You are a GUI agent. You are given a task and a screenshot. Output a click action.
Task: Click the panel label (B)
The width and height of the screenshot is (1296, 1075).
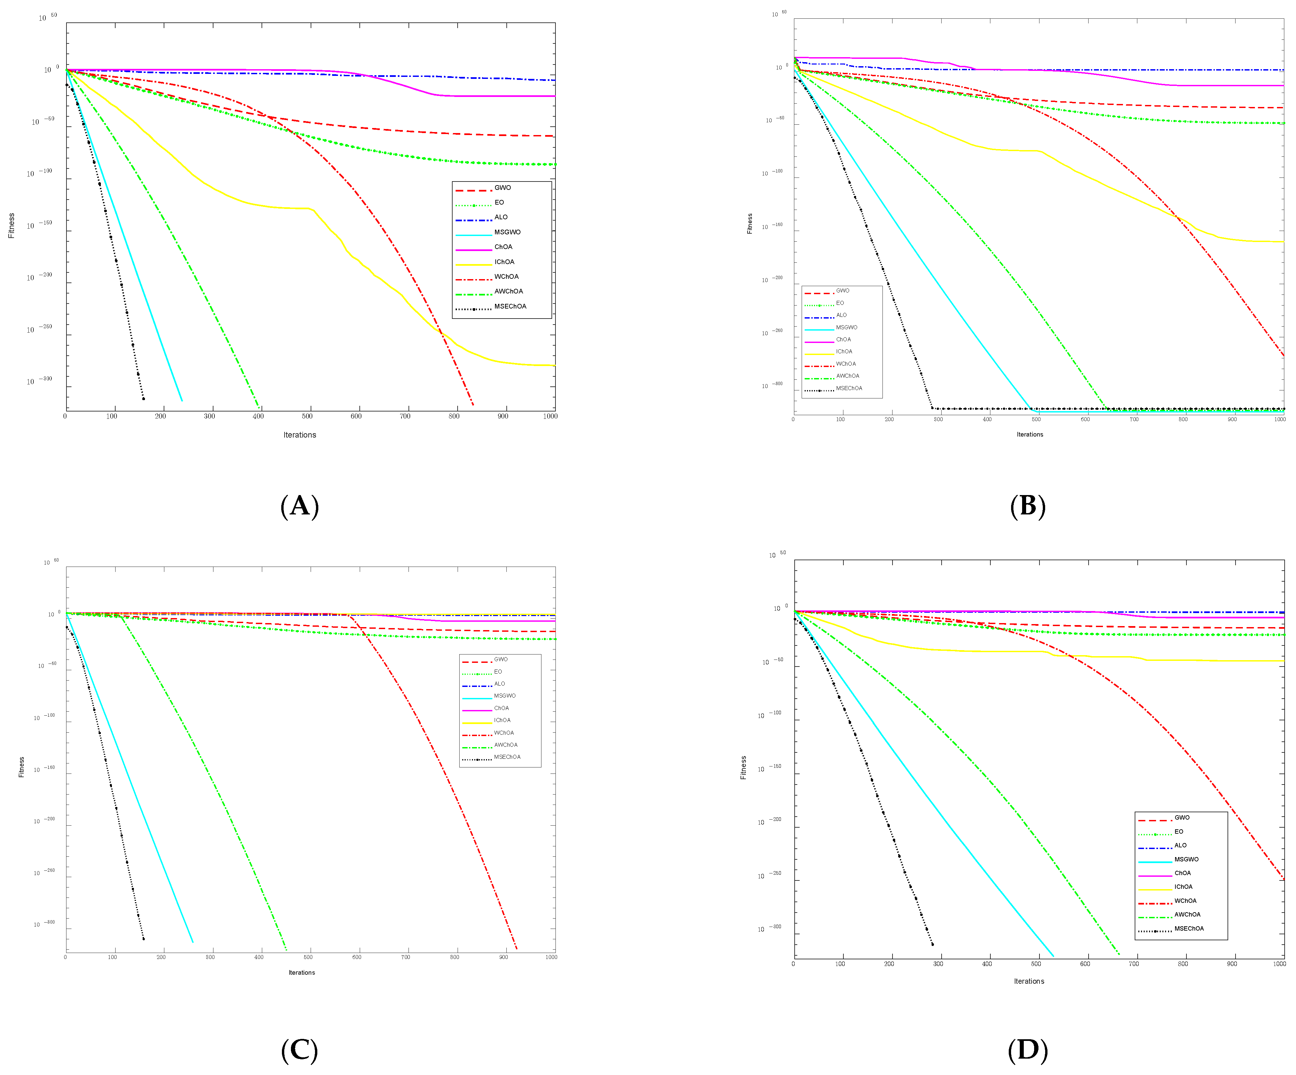[x=1027, y=506]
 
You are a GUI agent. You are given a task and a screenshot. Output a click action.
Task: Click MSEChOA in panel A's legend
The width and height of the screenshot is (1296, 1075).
[x=510, y=306]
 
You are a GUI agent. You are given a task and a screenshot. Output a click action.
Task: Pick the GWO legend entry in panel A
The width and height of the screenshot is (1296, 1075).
[x=502, y=188]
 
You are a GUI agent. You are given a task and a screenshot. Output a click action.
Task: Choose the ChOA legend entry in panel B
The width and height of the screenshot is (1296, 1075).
[x=843, y=340]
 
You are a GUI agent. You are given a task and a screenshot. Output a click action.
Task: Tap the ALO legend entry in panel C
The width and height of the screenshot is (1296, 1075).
[x=499, y=684]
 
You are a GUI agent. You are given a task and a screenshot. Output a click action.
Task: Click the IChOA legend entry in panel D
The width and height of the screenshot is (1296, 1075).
[x=1183, y=887]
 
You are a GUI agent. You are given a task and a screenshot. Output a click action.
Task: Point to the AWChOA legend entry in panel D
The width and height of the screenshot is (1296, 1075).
[x=1187, y=915]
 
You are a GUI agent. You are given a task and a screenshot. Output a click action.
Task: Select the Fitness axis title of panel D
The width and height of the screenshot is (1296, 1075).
[x=743, y=767]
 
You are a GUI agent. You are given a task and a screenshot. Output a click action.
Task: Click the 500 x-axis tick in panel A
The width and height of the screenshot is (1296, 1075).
[x=307, y=416]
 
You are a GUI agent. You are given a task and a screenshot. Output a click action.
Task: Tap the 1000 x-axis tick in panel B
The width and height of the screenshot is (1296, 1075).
[x=1280, y=419]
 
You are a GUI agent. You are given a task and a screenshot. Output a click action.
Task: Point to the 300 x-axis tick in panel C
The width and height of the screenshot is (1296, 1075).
[x=210, y=957]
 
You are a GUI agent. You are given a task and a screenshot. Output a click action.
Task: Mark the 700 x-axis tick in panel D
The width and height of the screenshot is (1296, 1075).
[x=1134, y=964]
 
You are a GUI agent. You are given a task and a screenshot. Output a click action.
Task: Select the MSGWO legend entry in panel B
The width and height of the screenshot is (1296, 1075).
[x=846, y=327]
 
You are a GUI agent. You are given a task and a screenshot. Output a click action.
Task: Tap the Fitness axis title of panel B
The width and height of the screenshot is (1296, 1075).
[x=750, y=224]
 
